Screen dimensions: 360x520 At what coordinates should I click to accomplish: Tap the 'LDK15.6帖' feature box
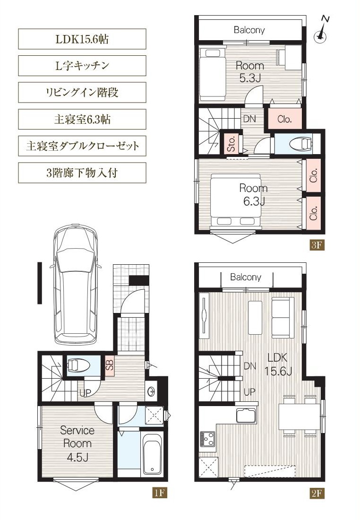point(82,39)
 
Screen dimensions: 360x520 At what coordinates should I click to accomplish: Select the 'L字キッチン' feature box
point(82,66)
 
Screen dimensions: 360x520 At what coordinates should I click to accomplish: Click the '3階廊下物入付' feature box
point(82,173)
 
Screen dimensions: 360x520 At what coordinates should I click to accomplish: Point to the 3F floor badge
point(317,245)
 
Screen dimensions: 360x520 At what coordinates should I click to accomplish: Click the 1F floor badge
point(159,493)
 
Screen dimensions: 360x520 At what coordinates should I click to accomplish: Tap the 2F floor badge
point(317,493)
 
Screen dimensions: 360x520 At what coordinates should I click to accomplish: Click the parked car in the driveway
point(76,285)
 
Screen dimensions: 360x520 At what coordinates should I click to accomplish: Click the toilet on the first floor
point(78,366)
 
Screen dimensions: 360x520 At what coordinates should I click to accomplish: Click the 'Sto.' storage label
point(231,144)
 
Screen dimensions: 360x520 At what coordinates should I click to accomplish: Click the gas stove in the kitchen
point(207,440)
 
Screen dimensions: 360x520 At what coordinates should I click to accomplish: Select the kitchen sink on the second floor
point(246,416)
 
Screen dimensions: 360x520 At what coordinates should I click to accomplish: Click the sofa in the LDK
point(283,318)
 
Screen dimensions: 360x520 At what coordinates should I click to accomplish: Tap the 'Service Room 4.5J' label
point(77,443)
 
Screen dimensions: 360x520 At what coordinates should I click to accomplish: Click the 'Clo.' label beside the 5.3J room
point(284,119)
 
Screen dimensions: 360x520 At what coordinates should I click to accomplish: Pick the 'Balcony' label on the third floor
point(249,30)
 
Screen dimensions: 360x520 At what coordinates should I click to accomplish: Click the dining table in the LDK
point(299,416)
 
